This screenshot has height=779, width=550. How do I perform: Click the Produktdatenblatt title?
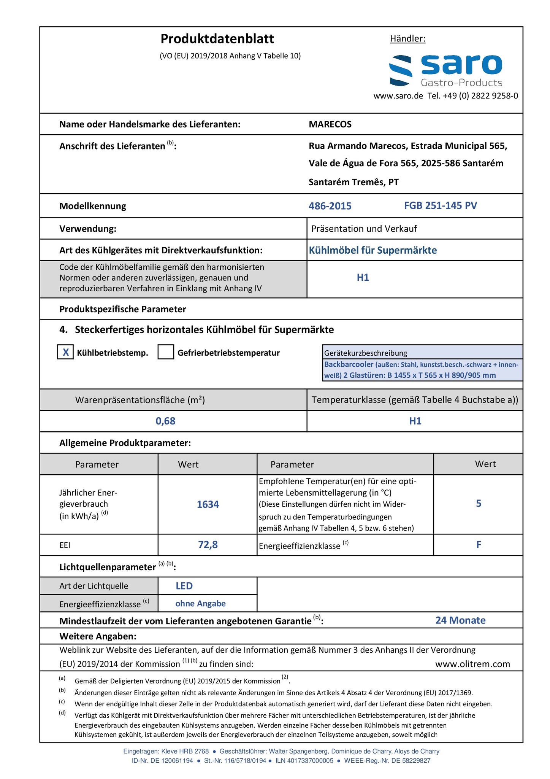click(217, 39)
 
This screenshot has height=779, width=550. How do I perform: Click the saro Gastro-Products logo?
click(445, 71)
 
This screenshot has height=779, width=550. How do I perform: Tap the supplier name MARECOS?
click(330, 124)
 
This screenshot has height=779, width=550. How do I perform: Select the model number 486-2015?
click(330, 206)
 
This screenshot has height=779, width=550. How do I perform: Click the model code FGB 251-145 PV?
click(440, 206)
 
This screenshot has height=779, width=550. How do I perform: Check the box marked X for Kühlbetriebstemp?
click(65, 352)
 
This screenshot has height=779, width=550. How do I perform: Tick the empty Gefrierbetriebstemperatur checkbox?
click(166, 352)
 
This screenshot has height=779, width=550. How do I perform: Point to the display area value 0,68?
click(165, 421)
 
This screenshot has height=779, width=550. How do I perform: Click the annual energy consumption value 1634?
click(208, 504)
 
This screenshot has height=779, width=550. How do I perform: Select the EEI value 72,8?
click(208, 545)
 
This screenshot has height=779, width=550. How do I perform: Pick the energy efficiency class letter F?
click(479, 545)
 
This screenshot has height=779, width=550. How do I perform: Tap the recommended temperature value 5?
click(479, 504)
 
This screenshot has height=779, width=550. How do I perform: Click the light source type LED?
click(184, 586)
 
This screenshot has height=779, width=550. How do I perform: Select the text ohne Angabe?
click(200, 604)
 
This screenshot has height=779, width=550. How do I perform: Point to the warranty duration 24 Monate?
click(460, 620)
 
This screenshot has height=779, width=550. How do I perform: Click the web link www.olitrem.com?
click(472, 664)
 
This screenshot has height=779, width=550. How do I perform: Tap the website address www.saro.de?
click(398, 96)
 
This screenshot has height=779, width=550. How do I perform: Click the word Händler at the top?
click(407, 39)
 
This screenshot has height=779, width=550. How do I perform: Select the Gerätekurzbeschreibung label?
click(365, 353)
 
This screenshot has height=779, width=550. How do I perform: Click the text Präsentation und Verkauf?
click(364, 229)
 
